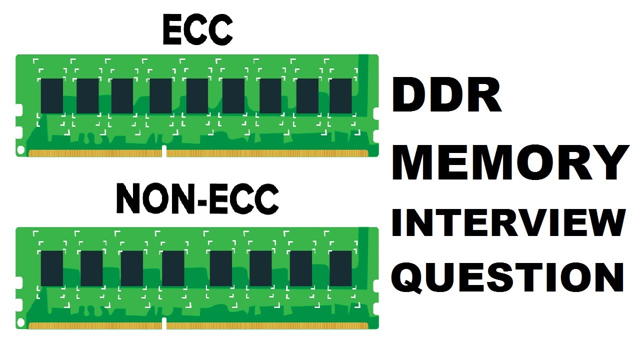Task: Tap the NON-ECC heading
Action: pyautogui.click(x=197, y=199)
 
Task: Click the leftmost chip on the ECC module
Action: pyautogui.click(x=52, y=95)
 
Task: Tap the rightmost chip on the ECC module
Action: pyautogui.click(x=341, y=95)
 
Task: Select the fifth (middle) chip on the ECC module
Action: pyautogui.click(x=197, y=95)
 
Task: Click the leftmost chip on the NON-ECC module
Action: pyautogui.click(x=52, y=268)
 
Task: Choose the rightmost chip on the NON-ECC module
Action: pyautogui.click(x=341, y=268)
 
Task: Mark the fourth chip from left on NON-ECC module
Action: pyautogui.click(x=173, y=268)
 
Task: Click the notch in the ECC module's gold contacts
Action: pyautogui.click(x=164, y=151)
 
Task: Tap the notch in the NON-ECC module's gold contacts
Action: pyautogui.click(x=164, y=324)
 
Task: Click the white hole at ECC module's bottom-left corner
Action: pyautogui.click(x=21, y=149)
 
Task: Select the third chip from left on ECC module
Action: pyautogui.click(x=122, y=95)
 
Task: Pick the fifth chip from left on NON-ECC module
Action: pyautogui.click(x=221, y=268)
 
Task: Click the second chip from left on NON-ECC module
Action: pyautogui.click(x=91, y=268)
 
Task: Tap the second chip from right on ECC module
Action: pyautogui.click(x=307, y=95)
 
